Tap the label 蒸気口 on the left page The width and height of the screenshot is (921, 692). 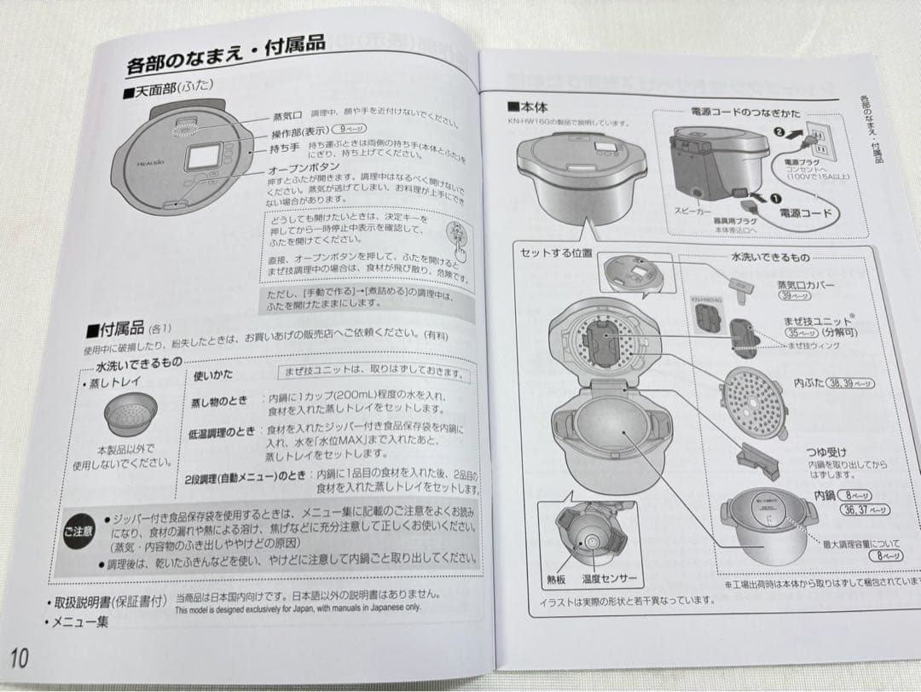tap(287, 116)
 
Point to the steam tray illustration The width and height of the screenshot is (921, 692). tap(130, 416)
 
